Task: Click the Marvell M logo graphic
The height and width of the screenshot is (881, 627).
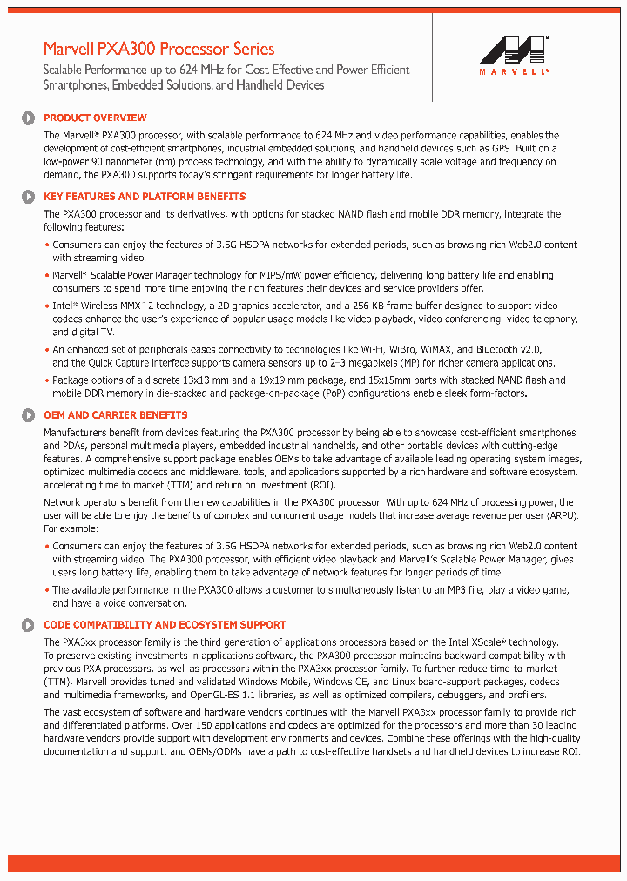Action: pyautogui.click(x=514, y=50)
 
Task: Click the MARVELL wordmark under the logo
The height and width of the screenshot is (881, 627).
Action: pyautogui.click(x=514, y=72)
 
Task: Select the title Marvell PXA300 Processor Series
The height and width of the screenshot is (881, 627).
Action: pyautogui.click(x=158, y=49)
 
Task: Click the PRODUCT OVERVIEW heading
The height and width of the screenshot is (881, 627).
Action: pyautogui.click(x=95, y=118)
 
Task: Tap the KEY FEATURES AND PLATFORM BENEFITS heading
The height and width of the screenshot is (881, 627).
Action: pyautogui.click(x=145, y=197)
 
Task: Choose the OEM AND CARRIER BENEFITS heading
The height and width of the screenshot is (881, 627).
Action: pyautogui.click(x=115, y=415)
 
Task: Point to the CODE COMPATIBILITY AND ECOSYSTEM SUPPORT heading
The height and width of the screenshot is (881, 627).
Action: pyautogui.click(x=165, y=625)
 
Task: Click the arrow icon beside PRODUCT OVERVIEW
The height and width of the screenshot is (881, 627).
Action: pyautogui.click(x=28, y=118)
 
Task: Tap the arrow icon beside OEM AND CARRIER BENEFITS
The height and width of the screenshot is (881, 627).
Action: pyautogui.click(x=28, y=416)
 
